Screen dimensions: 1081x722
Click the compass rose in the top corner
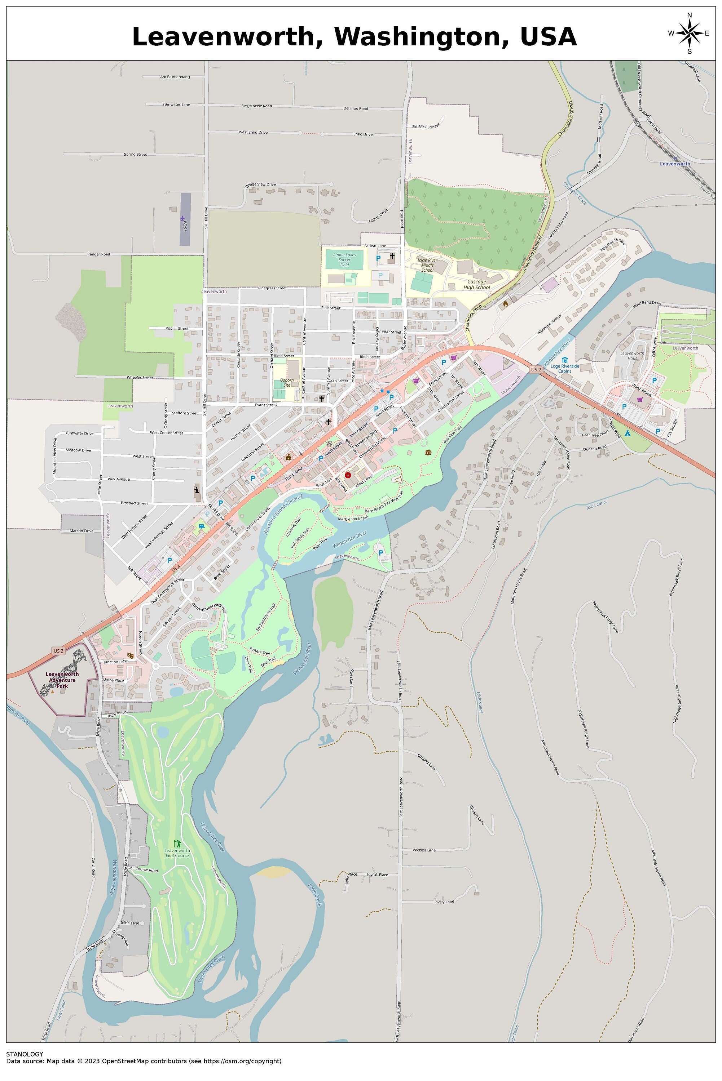point(689,33)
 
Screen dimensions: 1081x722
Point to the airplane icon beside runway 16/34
point(183,218)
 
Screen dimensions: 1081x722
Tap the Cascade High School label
point(479,284)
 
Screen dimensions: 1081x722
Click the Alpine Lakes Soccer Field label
point(344,259)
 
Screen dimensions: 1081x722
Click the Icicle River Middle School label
point(427,265)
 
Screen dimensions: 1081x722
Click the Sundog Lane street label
point(426,762)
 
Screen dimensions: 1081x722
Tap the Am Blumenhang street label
point(175,77)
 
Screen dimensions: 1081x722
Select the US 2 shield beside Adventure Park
point(58,650)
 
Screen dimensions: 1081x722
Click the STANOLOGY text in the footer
point(25,1054)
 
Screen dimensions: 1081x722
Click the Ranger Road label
point(99,254)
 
